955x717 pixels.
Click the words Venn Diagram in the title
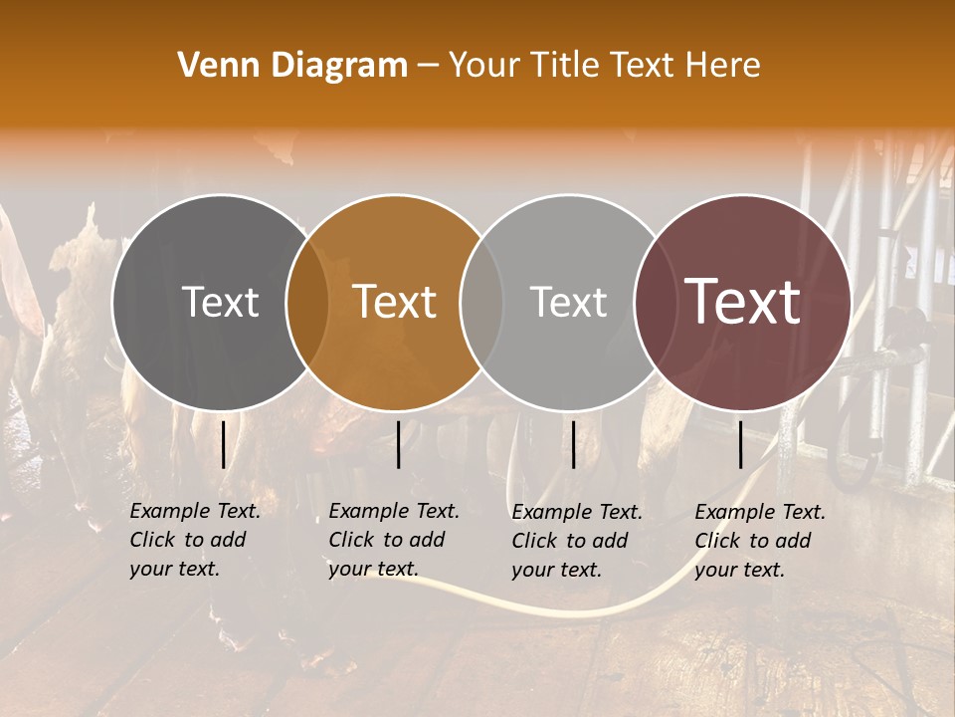(x=292, y=66)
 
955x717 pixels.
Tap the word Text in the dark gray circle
(x=220, y=302)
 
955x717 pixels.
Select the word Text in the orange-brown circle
(x=395, y=302)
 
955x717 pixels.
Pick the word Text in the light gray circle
(x=569, y=302)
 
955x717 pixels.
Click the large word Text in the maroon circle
(x=743, y=302)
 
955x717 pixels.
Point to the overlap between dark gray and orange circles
(x=307, y=302)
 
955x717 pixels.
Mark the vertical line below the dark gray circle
(x=223, y=444)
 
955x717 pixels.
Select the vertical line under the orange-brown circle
(x=398, y=444)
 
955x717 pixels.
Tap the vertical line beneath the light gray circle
(x=573, y=444)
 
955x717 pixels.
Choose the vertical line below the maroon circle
(x=741, y=444)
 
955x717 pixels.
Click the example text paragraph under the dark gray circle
(x=194, y=540)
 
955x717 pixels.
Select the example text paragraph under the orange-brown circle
(x=393, y=540)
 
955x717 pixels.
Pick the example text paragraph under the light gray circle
(x=576, y=540)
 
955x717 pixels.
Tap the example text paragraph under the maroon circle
(x=759, y=540)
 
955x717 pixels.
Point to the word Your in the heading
(x=483, y=66)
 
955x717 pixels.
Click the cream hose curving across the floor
(x=557, y=606)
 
